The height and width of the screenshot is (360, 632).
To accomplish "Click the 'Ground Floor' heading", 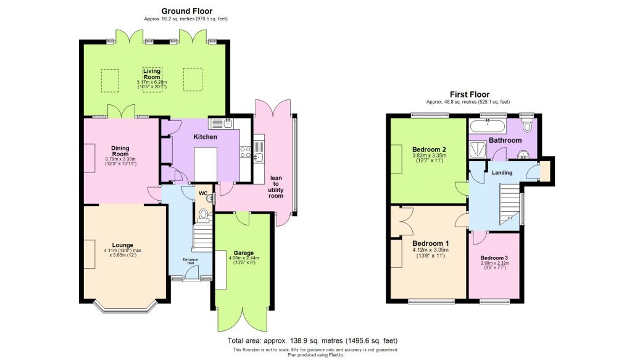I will click(x=186, y=10).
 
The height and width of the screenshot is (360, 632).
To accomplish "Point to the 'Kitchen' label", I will click(x=205, y=136).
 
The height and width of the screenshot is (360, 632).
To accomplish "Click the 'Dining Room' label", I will click(x=120, y=151).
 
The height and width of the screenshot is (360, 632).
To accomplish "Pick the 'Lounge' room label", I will click(x=123, y=245).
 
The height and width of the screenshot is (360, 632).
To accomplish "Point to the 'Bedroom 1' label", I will click(x=430, y=243).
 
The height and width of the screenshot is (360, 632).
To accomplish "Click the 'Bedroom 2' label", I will click(x=429, y=149).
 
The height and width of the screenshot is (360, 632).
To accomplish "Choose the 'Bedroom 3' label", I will click(x=494, y=257).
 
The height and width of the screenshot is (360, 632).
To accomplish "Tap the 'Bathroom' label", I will click(x=505, y=140).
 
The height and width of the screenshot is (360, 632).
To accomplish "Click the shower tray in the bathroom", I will click(x=478, y=149).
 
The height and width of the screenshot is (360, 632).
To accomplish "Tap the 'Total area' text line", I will click(x=312, y=340).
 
